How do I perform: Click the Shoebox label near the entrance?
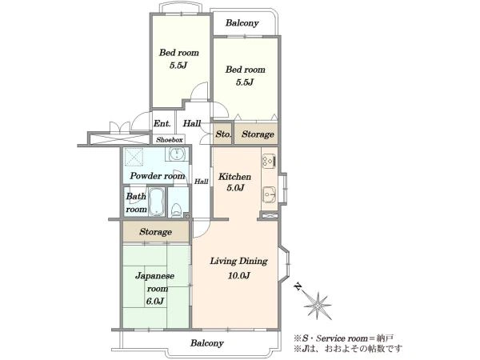[x=170, y=140]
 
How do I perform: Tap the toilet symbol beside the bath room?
[x=177, y=210]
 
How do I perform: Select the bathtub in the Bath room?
[x=157, y=202]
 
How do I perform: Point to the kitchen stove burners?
[x=270, y=161]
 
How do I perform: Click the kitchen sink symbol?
[x=270, y=194]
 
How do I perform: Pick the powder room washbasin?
[x=177, y=154]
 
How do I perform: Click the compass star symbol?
[x=318, y=306]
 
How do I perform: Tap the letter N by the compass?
[x=298, y=287]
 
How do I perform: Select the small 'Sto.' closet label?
[x=223, y=134]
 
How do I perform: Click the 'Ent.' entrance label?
[x=162, y=123]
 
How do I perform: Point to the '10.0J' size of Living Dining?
[x=238, y=275]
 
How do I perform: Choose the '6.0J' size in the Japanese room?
[x=155, y=302]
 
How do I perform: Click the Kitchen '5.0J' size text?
[x=235, y=188]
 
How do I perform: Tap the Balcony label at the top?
[x=242, y=23]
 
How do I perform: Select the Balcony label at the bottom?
[x=207, y=343]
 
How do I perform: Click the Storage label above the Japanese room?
[x=155, y=232]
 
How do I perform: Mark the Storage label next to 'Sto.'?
[x=258, y=134]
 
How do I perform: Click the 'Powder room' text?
[x=158, y=176]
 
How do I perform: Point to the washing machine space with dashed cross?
[x=134, y=157]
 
